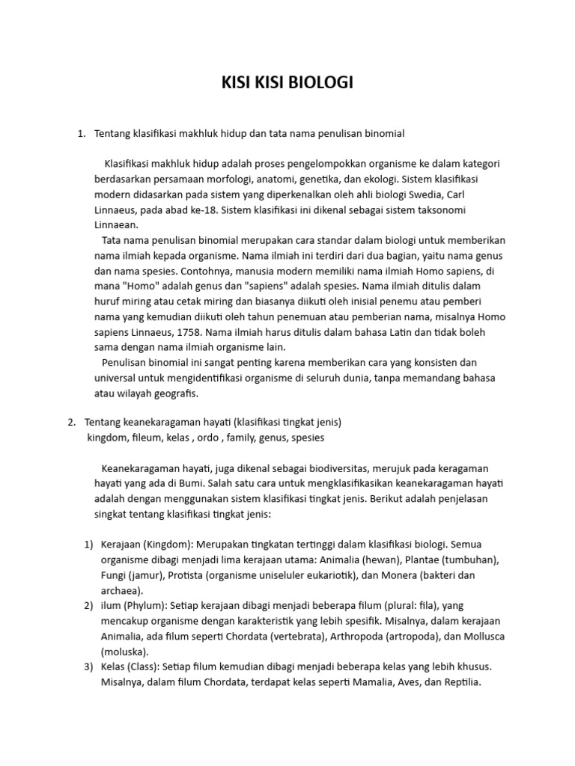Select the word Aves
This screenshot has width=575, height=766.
click(386, 682)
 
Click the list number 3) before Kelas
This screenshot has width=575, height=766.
click(88, 666)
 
